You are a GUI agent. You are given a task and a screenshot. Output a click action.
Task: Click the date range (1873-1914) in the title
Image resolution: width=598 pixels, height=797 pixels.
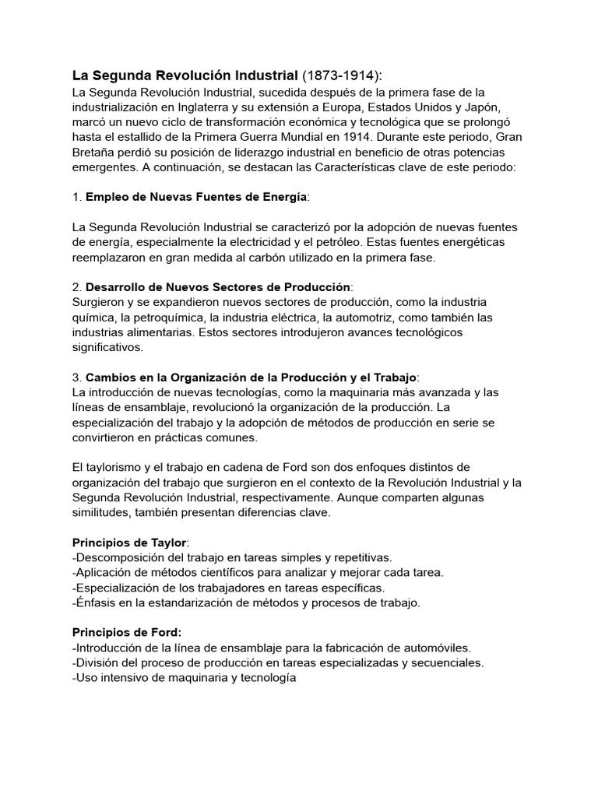point(342,75)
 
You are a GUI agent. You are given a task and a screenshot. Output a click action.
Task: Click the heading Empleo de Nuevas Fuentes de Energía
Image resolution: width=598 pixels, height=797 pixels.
point(196,196)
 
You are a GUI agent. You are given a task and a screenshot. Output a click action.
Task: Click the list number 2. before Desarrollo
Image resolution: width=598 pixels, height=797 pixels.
point(77,287)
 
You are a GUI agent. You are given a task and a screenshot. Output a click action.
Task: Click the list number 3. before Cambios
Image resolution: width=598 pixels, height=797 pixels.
point(77,377)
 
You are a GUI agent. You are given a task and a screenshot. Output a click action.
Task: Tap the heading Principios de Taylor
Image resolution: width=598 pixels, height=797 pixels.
point(129,542)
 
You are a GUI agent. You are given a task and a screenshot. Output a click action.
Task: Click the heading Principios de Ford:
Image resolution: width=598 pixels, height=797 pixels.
point(126,633)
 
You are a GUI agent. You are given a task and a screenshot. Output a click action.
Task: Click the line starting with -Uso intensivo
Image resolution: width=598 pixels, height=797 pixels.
point(184,678)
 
